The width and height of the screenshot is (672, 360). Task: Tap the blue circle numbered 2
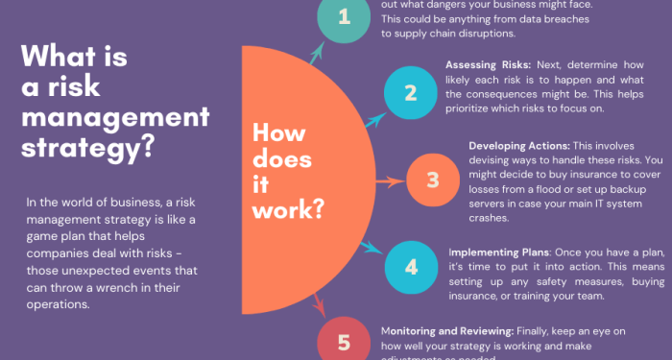pos(410,92)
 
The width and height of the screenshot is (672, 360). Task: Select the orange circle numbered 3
pos(432,180)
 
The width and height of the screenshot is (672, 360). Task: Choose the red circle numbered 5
pos(344,342)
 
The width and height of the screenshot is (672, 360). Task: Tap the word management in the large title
pos(114,118)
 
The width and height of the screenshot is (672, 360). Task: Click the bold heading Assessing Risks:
pos(483,63)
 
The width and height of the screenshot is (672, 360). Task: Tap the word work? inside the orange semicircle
pos(287,207)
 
